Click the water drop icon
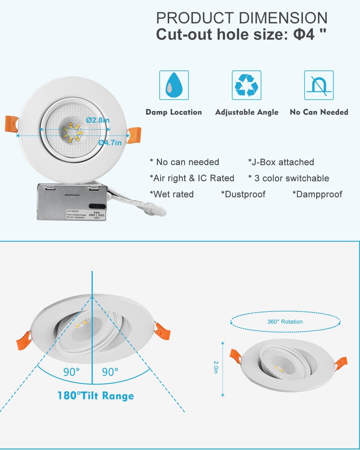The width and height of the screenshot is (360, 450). point(174,85)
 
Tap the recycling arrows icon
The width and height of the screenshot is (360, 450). point(246,85)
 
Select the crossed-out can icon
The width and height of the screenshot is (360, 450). point(319,85)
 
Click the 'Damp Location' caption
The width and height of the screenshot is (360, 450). point(174,112)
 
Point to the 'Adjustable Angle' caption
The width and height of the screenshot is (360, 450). point(247,112)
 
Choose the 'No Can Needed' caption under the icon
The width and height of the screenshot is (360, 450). point(319,112)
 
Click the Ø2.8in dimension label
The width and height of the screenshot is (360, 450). point(98,120)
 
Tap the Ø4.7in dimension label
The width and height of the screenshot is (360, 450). point(110,142)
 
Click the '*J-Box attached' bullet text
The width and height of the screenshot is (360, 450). point(281,162)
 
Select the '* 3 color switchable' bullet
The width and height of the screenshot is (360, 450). point(289,178)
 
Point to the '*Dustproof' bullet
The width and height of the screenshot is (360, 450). point(243,194)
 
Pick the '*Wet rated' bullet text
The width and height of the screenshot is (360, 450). point(172,194)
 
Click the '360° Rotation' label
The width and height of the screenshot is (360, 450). point(285,322)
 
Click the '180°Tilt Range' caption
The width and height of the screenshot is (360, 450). point(96,395)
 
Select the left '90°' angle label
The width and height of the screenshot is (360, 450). point(71,372)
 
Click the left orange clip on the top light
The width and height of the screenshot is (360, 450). point(11,124)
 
